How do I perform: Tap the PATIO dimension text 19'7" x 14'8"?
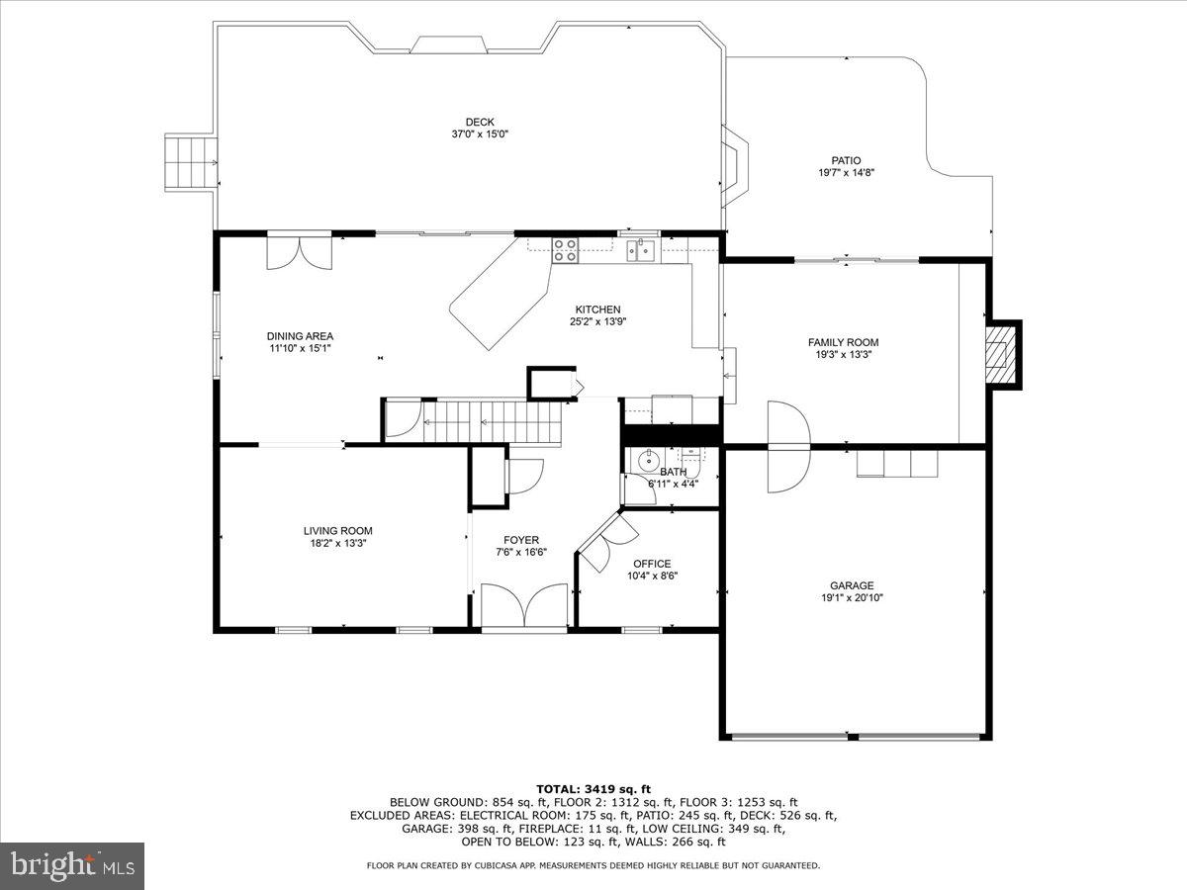(846, 172)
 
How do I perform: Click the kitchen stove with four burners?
(566, 250)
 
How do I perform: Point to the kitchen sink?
(639, 249)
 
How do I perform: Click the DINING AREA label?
(300, 336)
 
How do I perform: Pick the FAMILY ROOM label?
(843, 343)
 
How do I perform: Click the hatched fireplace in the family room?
(1002, 354)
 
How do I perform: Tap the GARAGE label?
(851, 585)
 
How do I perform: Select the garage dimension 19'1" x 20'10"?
(851, 597)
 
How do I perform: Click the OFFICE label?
(652, 564)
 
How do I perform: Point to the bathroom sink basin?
(649, 460)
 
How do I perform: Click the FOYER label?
(520, 540)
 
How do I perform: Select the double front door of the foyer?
(524, 605)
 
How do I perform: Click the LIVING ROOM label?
(337, 531)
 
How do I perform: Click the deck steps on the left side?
(191, 160)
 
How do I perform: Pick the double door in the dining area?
(300, 251)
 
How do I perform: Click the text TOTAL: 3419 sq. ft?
(593, 788)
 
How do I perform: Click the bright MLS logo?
(72, 866)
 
